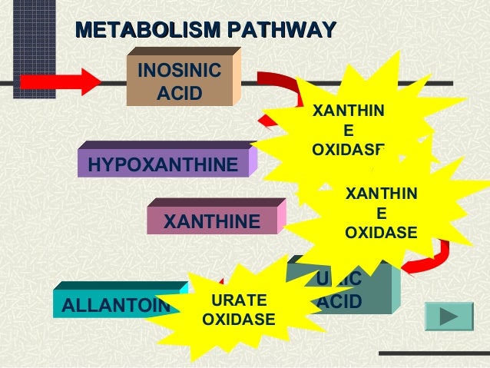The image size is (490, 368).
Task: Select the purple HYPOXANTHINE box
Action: [x=163, y=164]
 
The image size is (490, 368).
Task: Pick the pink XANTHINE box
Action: [x=212, y=221]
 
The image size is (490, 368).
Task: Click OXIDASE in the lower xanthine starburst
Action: [x=381, y=232]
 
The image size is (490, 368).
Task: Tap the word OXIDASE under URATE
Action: [x=238, y=318]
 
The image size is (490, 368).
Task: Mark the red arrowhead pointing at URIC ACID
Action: [x=415, y=265]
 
